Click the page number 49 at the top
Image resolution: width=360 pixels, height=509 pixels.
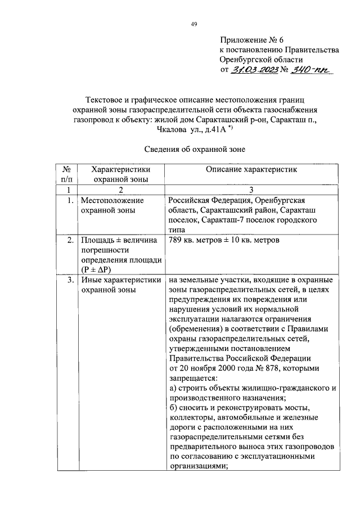[193, 24]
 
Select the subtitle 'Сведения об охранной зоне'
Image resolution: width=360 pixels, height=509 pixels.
[194, 150]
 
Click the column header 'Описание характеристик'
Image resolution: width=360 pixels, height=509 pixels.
[251, 169]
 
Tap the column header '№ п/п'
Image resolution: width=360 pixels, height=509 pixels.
[66, 174]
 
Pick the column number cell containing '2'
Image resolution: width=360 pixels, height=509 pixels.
[119, 190]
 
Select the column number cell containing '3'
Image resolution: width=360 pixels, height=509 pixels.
[251, 190]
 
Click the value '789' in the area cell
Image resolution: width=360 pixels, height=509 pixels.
[175, 241]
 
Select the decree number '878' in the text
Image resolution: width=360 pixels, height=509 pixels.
[276, 368]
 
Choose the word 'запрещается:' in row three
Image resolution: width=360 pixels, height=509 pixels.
[192, 377]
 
